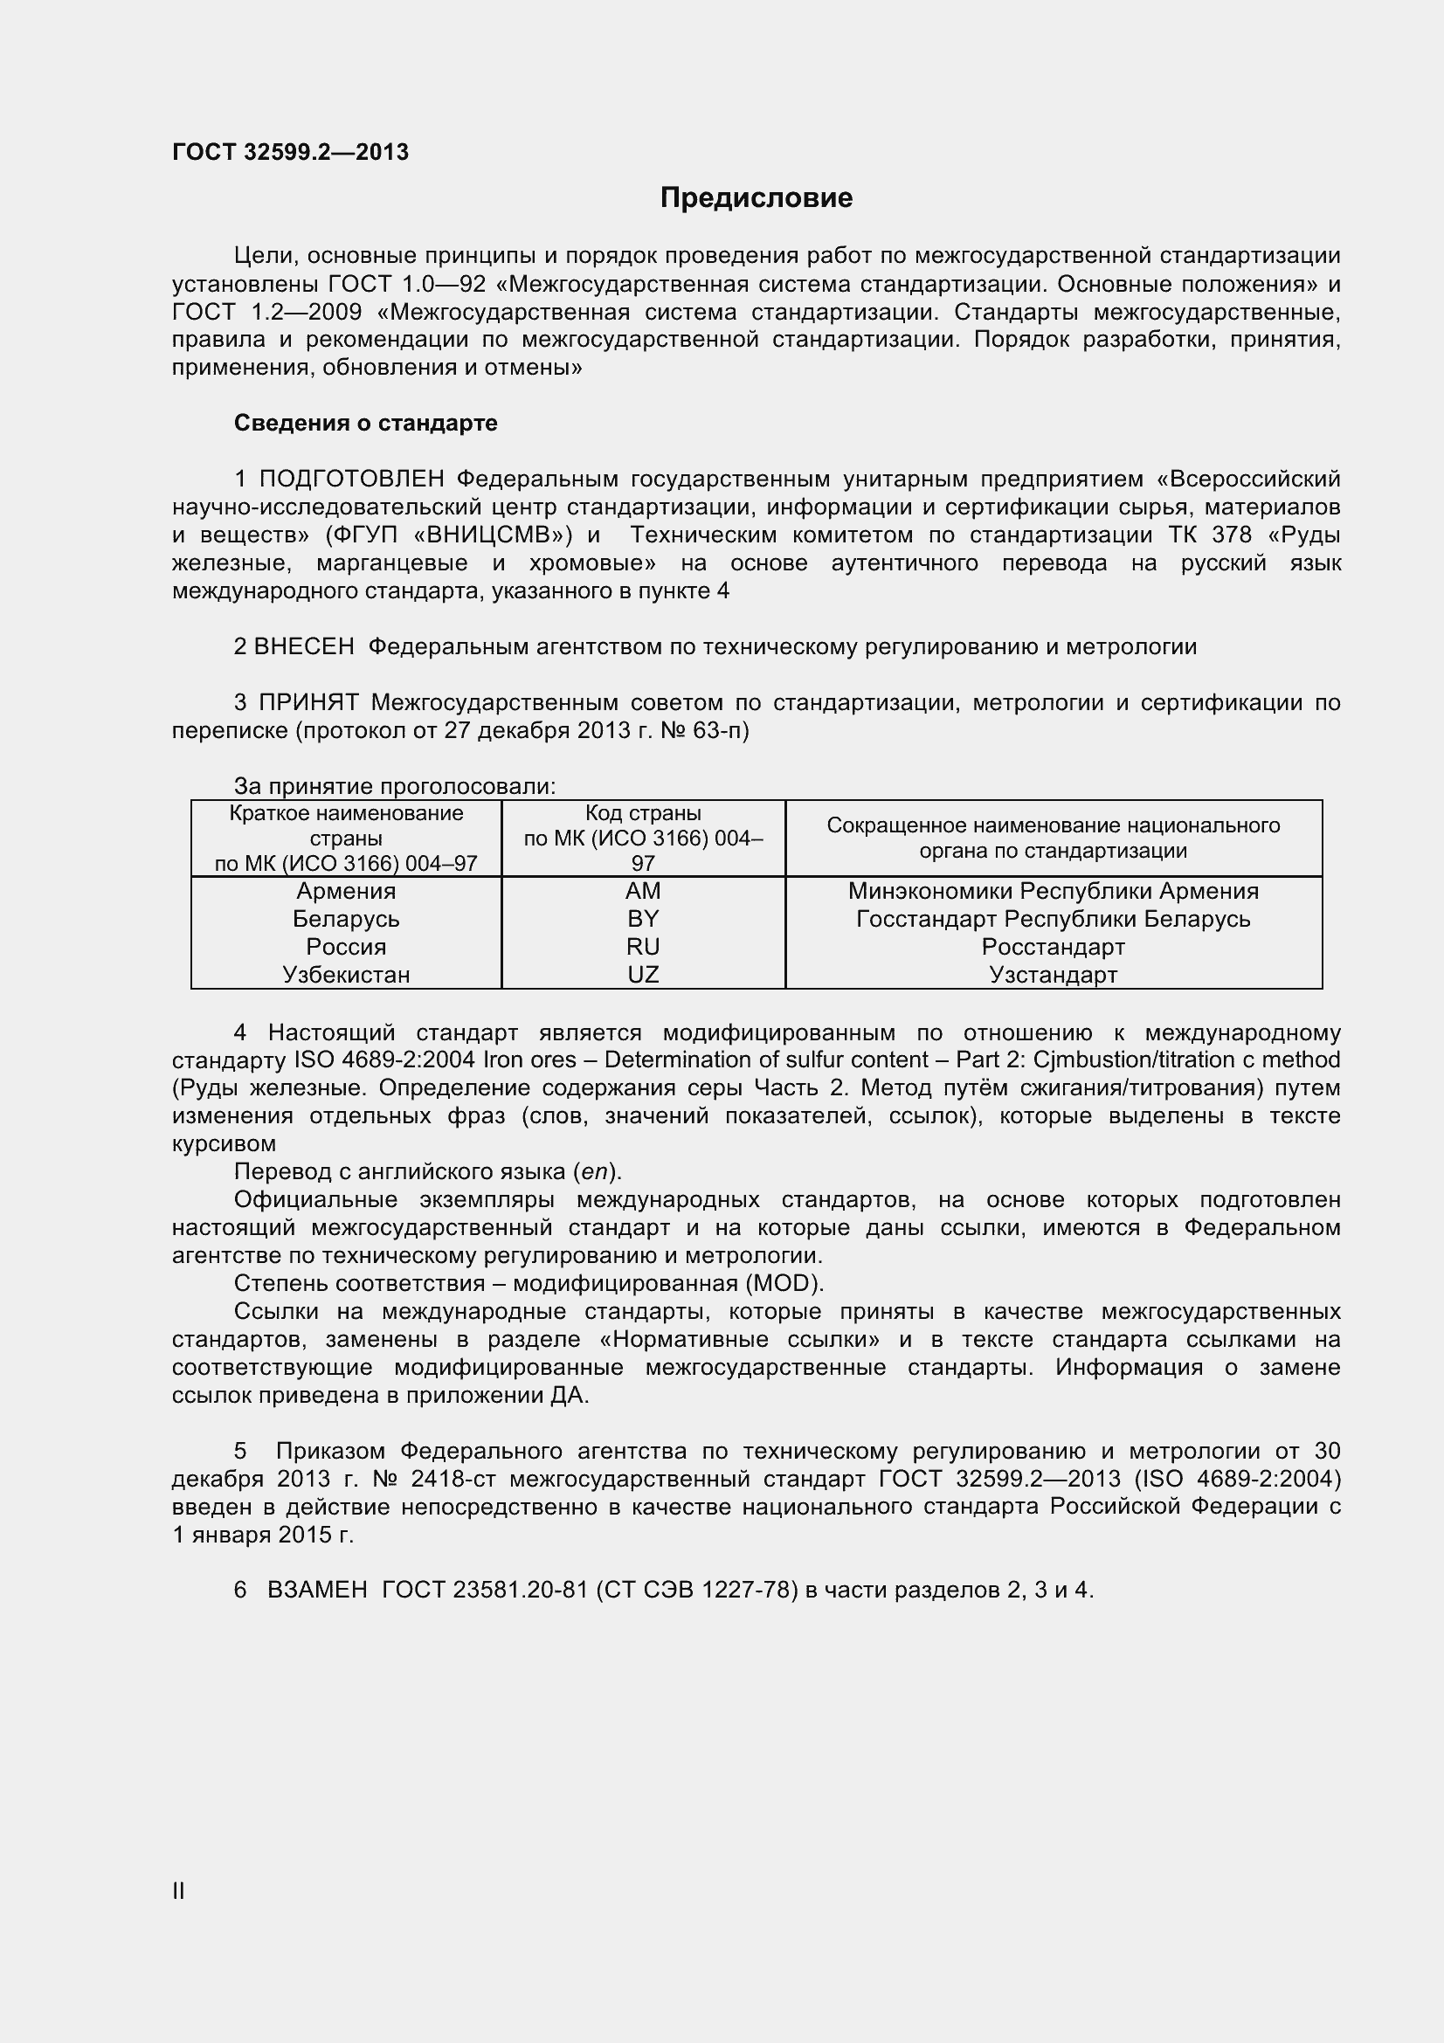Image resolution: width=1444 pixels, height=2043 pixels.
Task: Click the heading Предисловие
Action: click(756, 197)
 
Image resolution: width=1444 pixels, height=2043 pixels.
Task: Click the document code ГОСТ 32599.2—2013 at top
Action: click(290, 152)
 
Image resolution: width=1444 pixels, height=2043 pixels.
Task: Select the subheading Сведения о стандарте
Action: click(365, 423)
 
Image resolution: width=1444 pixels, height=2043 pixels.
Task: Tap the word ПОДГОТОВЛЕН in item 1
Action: click(351, 479)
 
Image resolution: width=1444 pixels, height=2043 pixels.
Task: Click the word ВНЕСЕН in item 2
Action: click(303, 647)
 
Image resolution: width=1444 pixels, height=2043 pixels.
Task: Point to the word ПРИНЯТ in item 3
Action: click(308, 703)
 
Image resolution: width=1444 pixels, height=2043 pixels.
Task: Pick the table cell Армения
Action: click(345, 891)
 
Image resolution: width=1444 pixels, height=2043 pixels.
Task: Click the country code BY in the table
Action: click(642, 918)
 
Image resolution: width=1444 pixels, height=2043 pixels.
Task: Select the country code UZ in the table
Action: click(642, 975)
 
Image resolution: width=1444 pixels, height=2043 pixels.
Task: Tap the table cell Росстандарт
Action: click(1053, 947)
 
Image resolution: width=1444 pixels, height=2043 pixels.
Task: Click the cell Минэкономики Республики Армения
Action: click(1053, 891)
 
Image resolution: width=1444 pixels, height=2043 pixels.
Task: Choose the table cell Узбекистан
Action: click(345, 975)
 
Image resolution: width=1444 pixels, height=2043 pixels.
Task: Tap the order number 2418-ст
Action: click(453, 1479)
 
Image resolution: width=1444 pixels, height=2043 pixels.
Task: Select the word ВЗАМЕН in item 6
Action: click(317, 1590)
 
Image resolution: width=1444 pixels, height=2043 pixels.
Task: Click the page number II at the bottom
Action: click(178, 1891)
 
